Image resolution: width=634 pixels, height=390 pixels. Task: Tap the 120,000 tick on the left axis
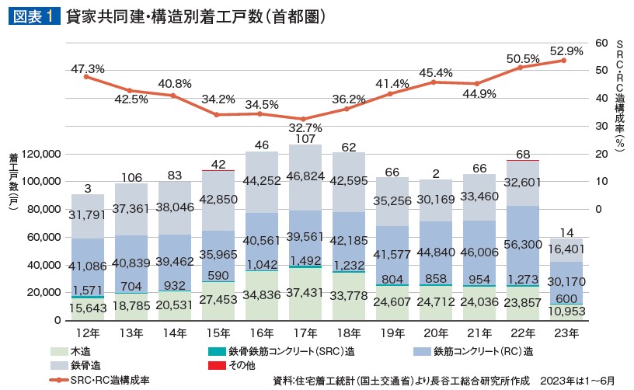point(38,155)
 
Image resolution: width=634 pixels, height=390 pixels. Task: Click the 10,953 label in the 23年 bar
point(565,312)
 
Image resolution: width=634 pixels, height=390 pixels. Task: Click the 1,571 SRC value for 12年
point(87,290)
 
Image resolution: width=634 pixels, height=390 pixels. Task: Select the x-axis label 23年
point(565,335)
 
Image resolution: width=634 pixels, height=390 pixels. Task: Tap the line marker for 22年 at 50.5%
point(521,68)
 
